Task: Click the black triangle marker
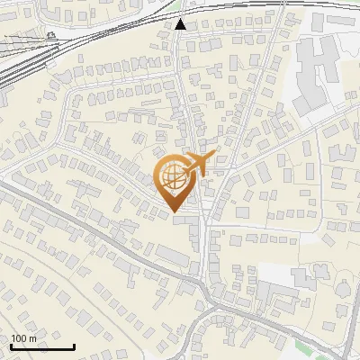(182, 24)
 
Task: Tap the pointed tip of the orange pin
(171, 212)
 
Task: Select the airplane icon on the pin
(195, 164)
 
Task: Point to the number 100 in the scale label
(19, 338)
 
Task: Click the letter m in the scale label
(33, 338)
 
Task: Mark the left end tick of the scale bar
(10, 346)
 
